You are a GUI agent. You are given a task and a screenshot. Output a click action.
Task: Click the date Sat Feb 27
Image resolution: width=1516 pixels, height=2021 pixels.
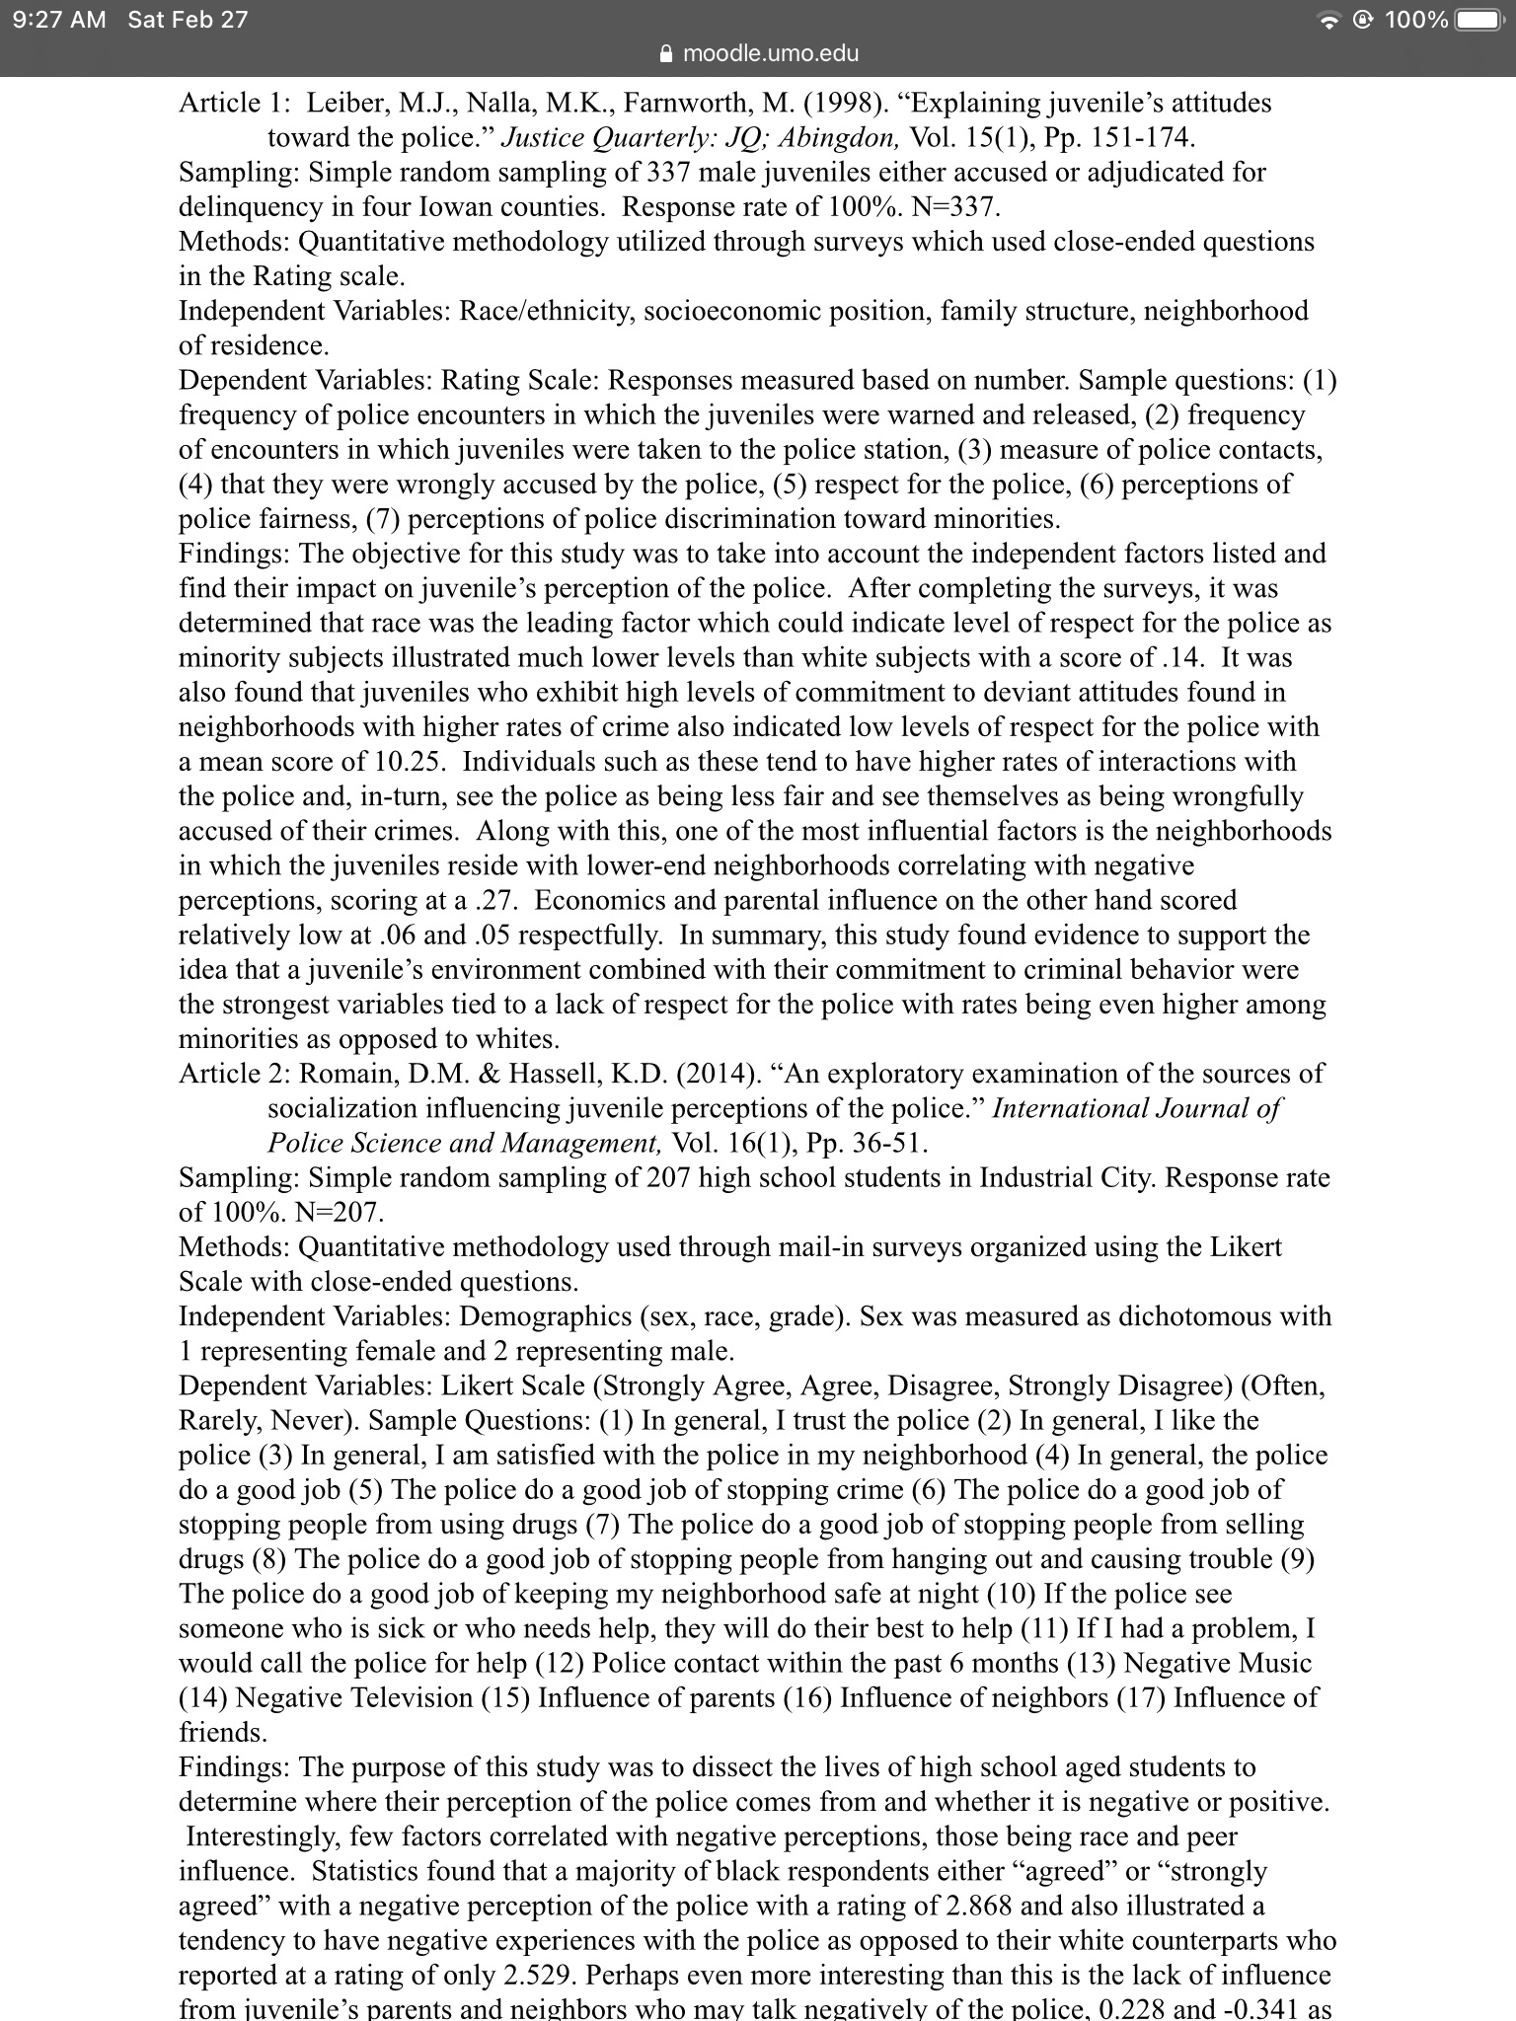[188, 20]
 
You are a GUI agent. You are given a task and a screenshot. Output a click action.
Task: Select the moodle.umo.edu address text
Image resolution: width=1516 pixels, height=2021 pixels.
[771, 53]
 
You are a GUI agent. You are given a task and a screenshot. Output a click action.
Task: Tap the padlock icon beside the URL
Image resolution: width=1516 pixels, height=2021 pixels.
[666, 53]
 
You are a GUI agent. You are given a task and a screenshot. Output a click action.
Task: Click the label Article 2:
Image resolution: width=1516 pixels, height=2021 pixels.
[235, 1074]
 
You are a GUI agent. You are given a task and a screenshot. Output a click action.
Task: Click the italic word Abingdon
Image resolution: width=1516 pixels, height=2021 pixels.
[846, 138]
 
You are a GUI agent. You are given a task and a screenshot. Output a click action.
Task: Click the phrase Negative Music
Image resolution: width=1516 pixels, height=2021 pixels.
[1218, 1664]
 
